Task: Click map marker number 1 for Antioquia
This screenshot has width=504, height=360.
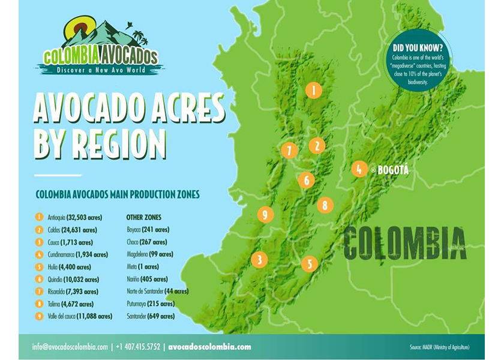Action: (x=313, y=90)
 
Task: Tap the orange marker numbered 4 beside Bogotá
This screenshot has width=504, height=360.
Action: (x=359, y=169)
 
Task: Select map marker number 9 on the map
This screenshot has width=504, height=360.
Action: (x=265, y=214)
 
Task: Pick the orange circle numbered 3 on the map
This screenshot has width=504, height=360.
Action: (x=259, y=259)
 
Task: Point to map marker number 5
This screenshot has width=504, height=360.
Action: (x=310, y=263)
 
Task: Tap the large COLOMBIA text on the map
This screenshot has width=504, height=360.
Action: (x=405, y=242)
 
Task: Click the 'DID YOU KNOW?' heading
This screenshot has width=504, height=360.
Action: (x=418, y=46)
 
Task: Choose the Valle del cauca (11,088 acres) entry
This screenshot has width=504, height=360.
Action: (x=79, y=316)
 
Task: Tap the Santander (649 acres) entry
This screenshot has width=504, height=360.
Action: (x=151, y=316)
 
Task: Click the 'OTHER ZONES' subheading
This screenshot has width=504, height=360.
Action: (x=143, y=217)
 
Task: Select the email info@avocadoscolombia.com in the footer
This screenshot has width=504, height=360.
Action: (x=70, y=347)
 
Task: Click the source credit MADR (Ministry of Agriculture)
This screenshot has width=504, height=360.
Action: (x=440, y=347)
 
